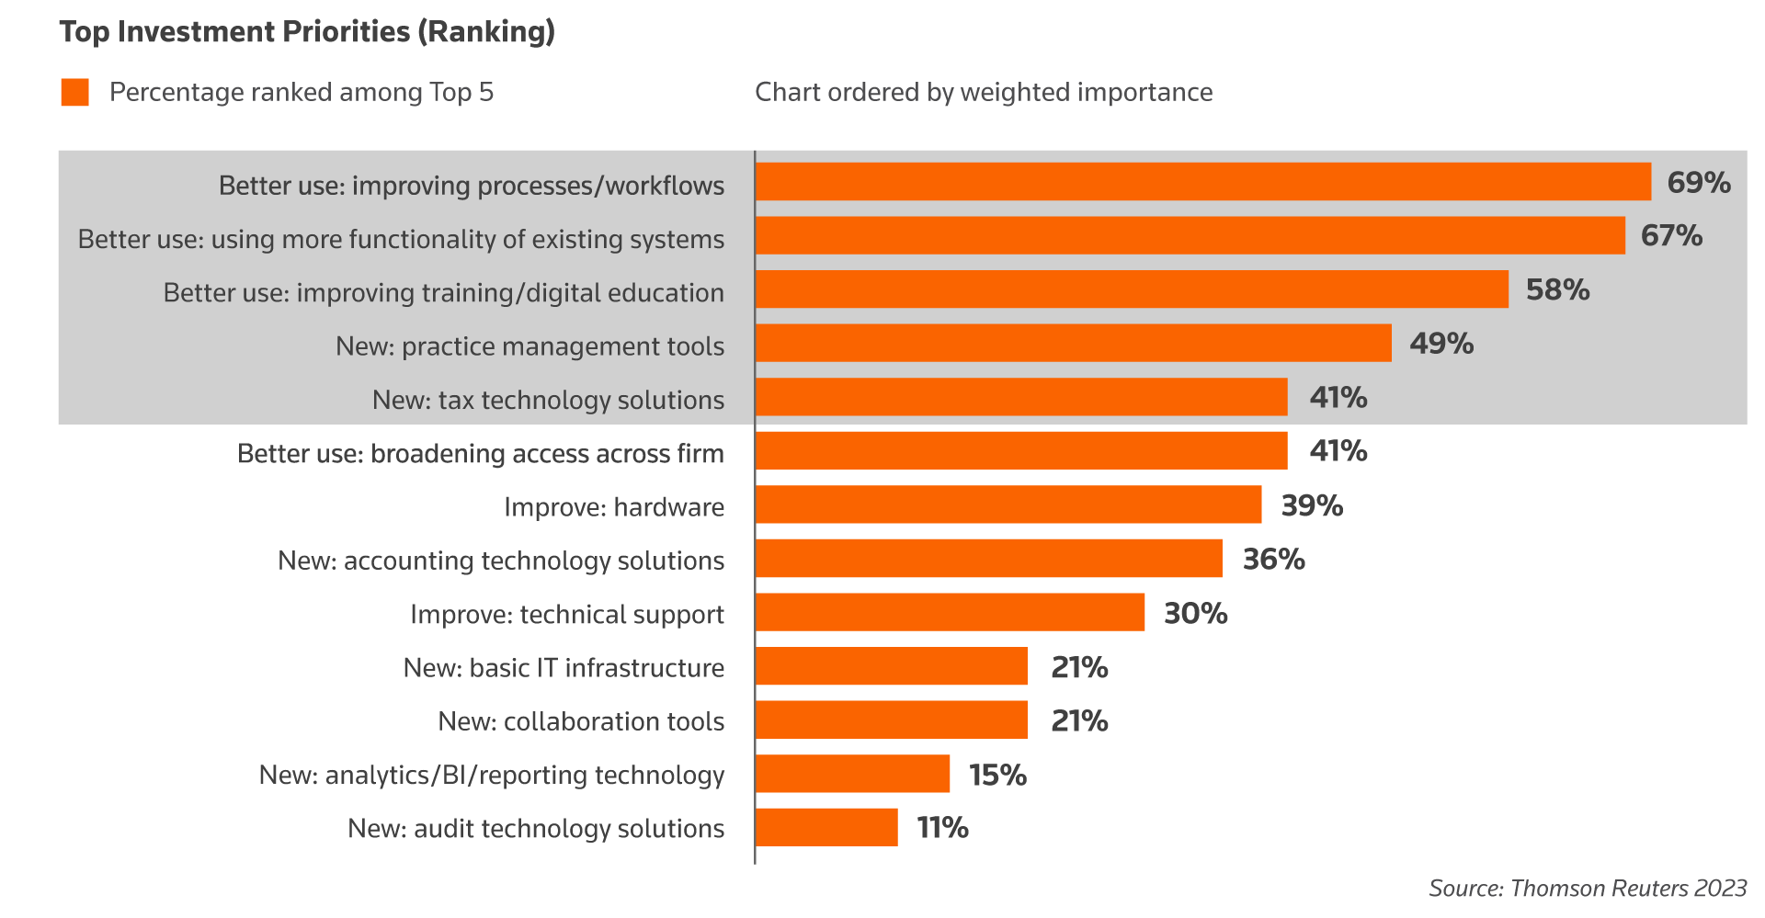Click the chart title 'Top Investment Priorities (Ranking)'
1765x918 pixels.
(307, 32)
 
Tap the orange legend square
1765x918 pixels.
(74, 92)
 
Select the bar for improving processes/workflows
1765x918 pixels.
(1202, 182)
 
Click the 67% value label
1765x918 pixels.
(1671, 236)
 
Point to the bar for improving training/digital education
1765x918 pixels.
(1132, 289)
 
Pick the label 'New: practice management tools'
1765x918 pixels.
(529, 346)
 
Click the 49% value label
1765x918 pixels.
(1441, 344)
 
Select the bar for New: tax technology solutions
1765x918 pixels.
(1021, 397)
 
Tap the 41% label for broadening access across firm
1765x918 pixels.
(1338, 451)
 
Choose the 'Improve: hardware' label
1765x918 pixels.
(613, 507)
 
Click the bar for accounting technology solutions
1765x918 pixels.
(989, 559)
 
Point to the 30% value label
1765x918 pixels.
(1195, 613)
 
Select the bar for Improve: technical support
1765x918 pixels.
(951, 612)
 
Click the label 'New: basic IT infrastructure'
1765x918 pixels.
(563, 668)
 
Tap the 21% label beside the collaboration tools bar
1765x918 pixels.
(1079, 721)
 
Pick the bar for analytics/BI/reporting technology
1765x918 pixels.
(853, 774)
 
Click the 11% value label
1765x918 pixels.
(942, 828)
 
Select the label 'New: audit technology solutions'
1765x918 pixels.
(536, 829)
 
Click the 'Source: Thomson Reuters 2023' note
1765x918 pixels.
(1587, 889)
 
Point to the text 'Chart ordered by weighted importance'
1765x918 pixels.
(984, 92)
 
